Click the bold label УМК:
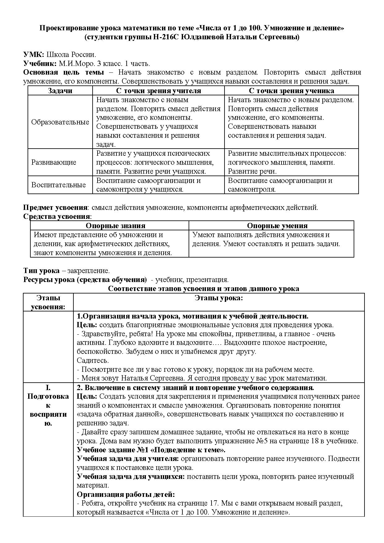34,55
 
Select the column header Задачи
60,91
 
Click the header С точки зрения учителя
158,91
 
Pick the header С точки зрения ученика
291,91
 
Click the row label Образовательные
60,122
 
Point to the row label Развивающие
54,162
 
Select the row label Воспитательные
59,185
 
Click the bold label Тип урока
41,271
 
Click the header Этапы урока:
219,298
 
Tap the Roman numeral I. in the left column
48,388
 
